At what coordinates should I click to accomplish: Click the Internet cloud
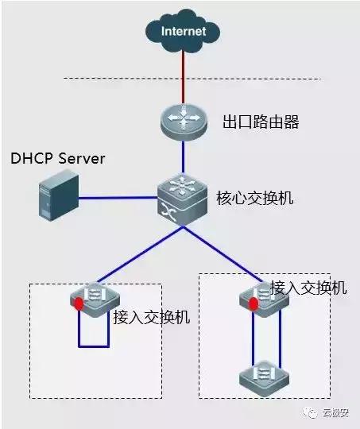[x=184, y=30]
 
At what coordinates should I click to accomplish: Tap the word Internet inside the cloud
[x=184, y=31]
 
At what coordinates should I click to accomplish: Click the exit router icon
[x=183, y=120]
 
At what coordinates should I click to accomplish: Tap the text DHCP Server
[x=58, y=159]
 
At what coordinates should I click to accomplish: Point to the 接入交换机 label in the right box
[x=308, y=287]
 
